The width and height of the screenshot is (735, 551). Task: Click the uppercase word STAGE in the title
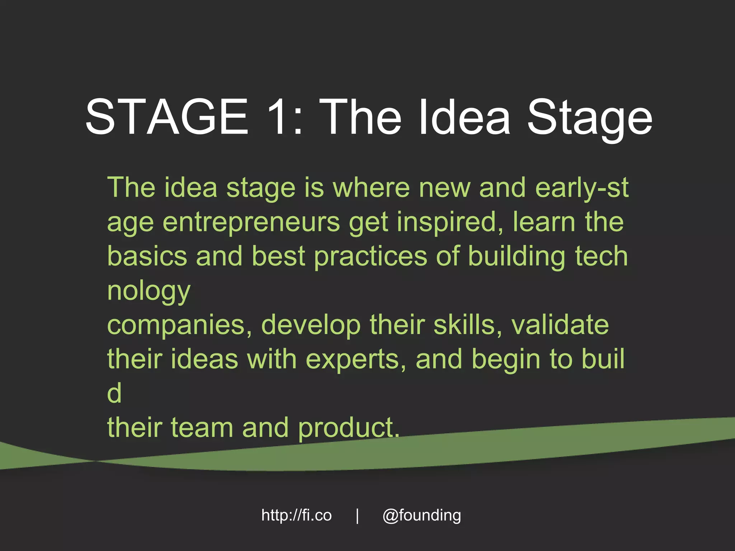[167, 117]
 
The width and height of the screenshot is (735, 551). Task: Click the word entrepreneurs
[251, 223]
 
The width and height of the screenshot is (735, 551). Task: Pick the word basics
[147, 256]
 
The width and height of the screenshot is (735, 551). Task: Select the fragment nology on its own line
[149, 292]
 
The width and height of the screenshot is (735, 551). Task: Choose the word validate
[560, 325]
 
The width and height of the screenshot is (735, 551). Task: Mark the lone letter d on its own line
[114, 392]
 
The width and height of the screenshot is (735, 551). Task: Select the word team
[202, 428]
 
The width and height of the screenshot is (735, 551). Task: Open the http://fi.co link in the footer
[296, 515]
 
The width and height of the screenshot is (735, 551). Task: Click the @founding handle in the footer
[422, 516]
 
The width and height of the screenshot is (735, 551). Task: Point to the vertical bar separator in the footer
[357, 516]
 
